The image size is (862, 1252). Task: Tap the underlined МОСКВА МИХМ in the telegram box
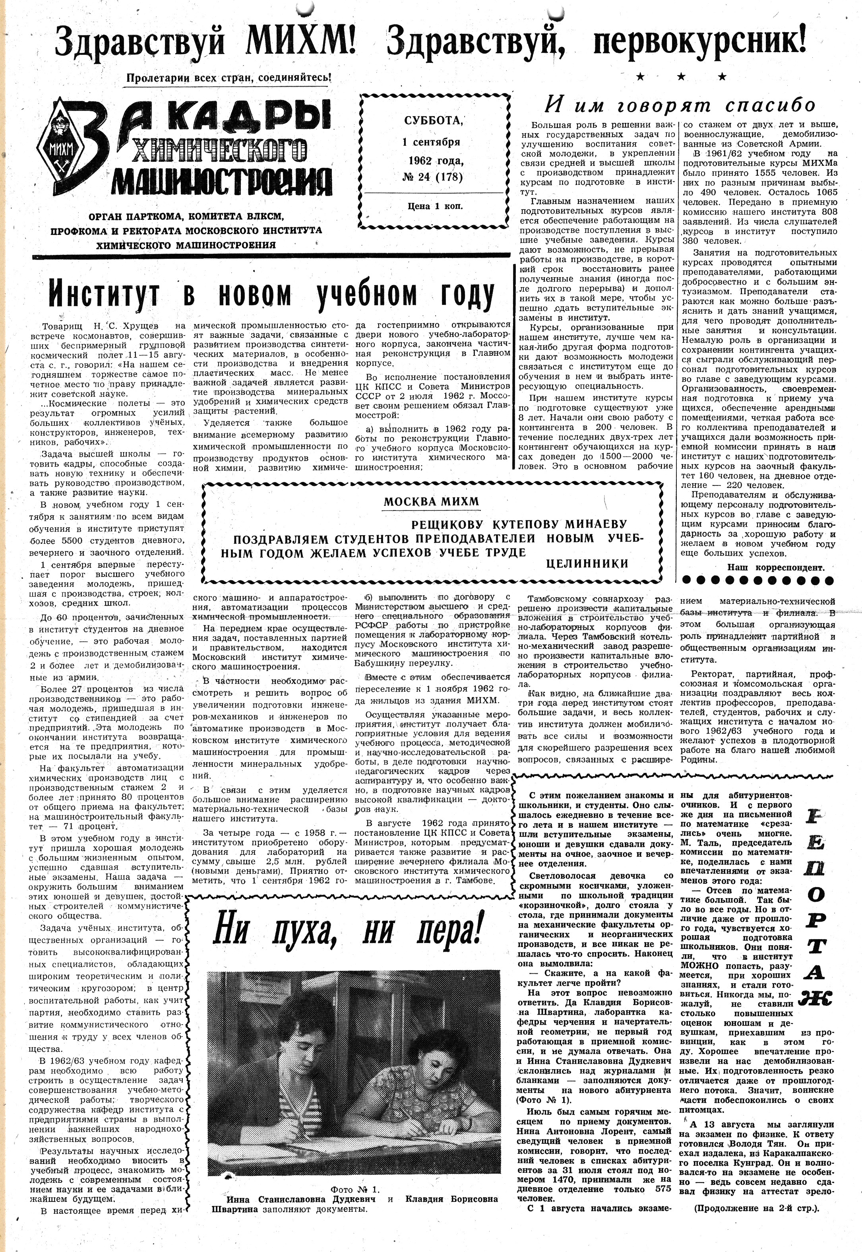coord(430,501)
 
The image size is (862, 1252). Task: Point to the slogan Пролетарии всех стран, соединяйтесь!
coord(228,77)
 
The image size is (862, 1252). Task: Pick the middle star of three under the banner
coord(681,77)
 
